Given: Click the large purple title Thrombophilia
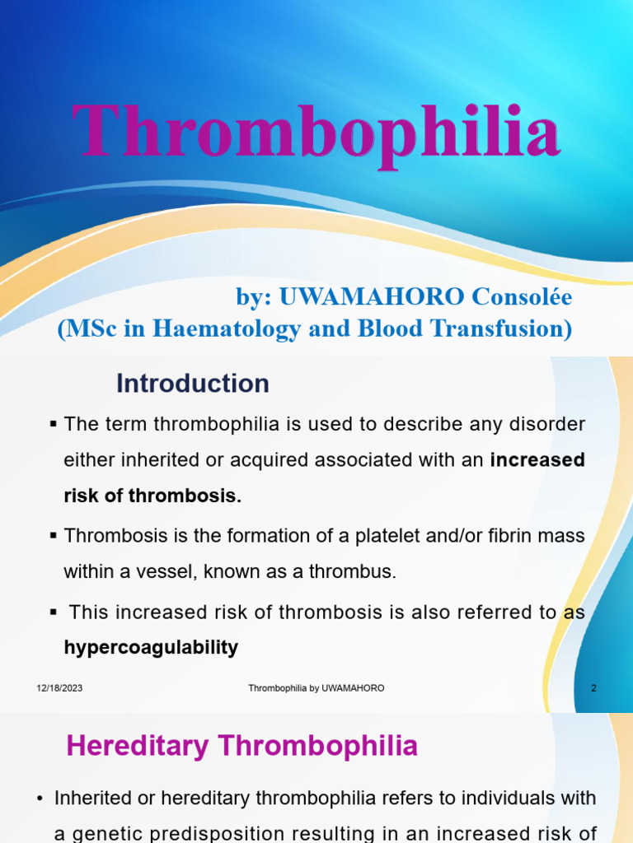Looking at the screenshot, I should [x=316, y=132].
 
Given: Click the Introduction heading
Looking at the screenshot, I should [x=192, y=384].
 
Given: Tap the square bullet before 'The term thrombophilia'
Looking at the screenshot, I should [x=54, y=424].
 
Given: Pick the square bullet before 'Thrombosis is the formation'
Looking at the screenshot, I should [x=54, y=535].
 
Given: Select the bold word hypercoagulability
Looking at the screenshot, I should [x=151, y=648].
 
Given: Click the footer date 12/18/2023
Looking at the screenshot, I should [x=59, y=688].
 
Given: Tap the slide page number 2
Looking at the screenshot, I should [x=593, y=688].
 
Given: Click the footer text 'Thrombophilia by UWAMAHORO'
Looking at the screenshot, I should [x=316, y=688].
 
